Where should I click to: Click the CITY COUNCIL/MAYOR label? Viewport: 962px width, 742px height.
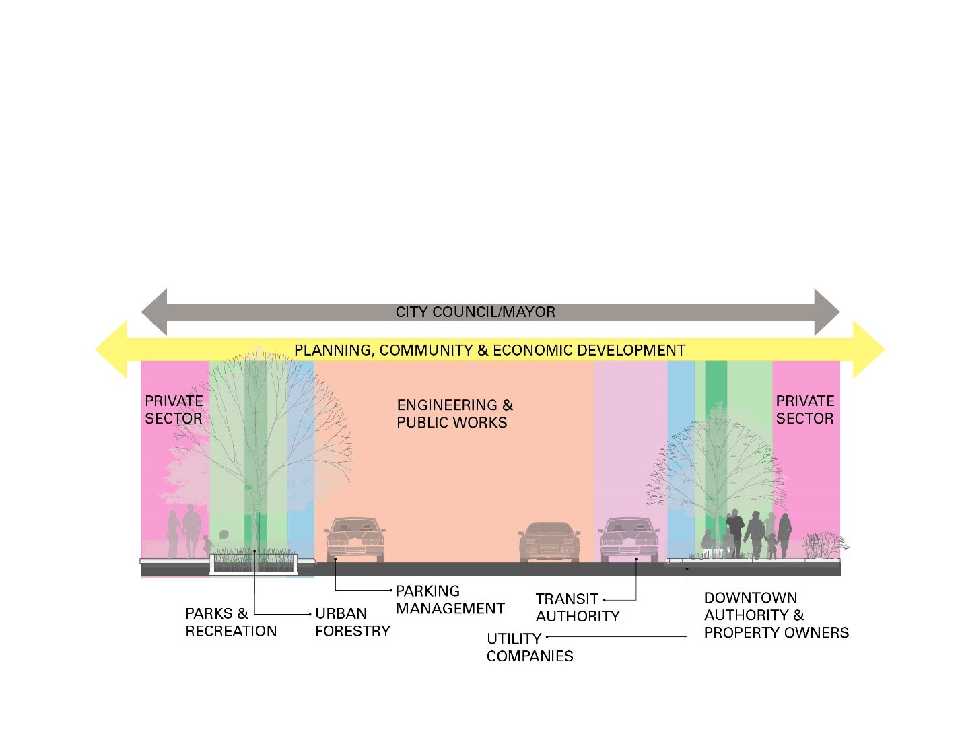pos(475,312)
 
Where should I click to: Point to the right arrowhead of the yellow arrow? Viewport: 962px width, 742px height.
pos(869,349)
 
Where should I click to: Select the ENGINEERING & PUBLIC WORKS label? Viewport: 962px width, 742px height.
pos(454,413)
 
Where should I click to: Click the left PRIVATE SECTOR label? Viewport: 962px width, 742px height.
pos(174,409)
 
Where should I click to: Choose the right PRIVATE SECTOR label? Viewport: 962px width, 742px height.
pos(804,409)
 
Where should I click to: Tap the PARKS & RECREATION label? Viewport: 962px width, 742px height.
pos(230,622)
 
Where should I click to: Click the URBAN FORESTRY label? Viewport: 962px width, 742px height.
pos(352,622)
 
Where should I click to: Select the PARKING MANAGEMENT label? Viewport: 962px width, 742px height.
pos(449,599)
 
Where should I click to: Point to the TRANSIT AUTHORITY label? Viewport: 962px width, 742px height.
pos(577,607)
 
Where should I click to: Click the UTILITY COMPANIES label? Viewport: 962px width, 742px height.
pos(529,647)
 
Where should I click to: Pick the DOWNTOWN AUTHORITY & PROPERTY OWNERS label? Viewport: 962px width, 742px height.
pos(776,615)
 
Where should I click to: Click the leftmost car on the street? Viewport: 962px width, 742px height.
pos(355,539)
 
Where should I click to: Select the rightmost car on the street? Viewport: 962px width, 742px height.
pos(629,539)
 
